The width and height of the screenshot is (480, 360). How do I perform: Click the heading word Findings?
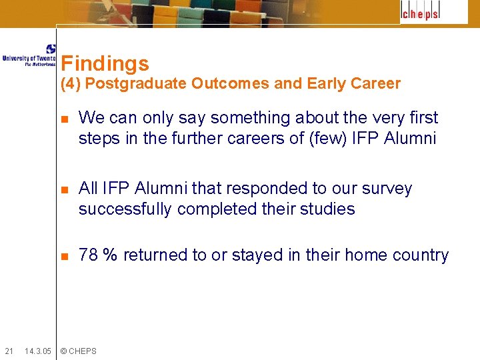point(105,64)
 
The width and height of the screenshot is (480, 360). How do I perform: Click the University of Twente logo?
point(29,56)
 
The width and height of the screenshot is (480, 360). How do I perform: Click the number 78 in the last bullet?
point(88,255)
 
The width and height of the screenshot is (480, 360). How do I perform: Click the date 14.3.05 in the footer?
point(37,351)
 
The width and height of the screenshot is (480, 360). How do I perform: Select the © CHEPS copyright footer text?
point(78,351)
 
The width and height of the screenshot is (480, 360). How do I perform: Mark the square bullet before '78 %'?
point(64,257)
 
